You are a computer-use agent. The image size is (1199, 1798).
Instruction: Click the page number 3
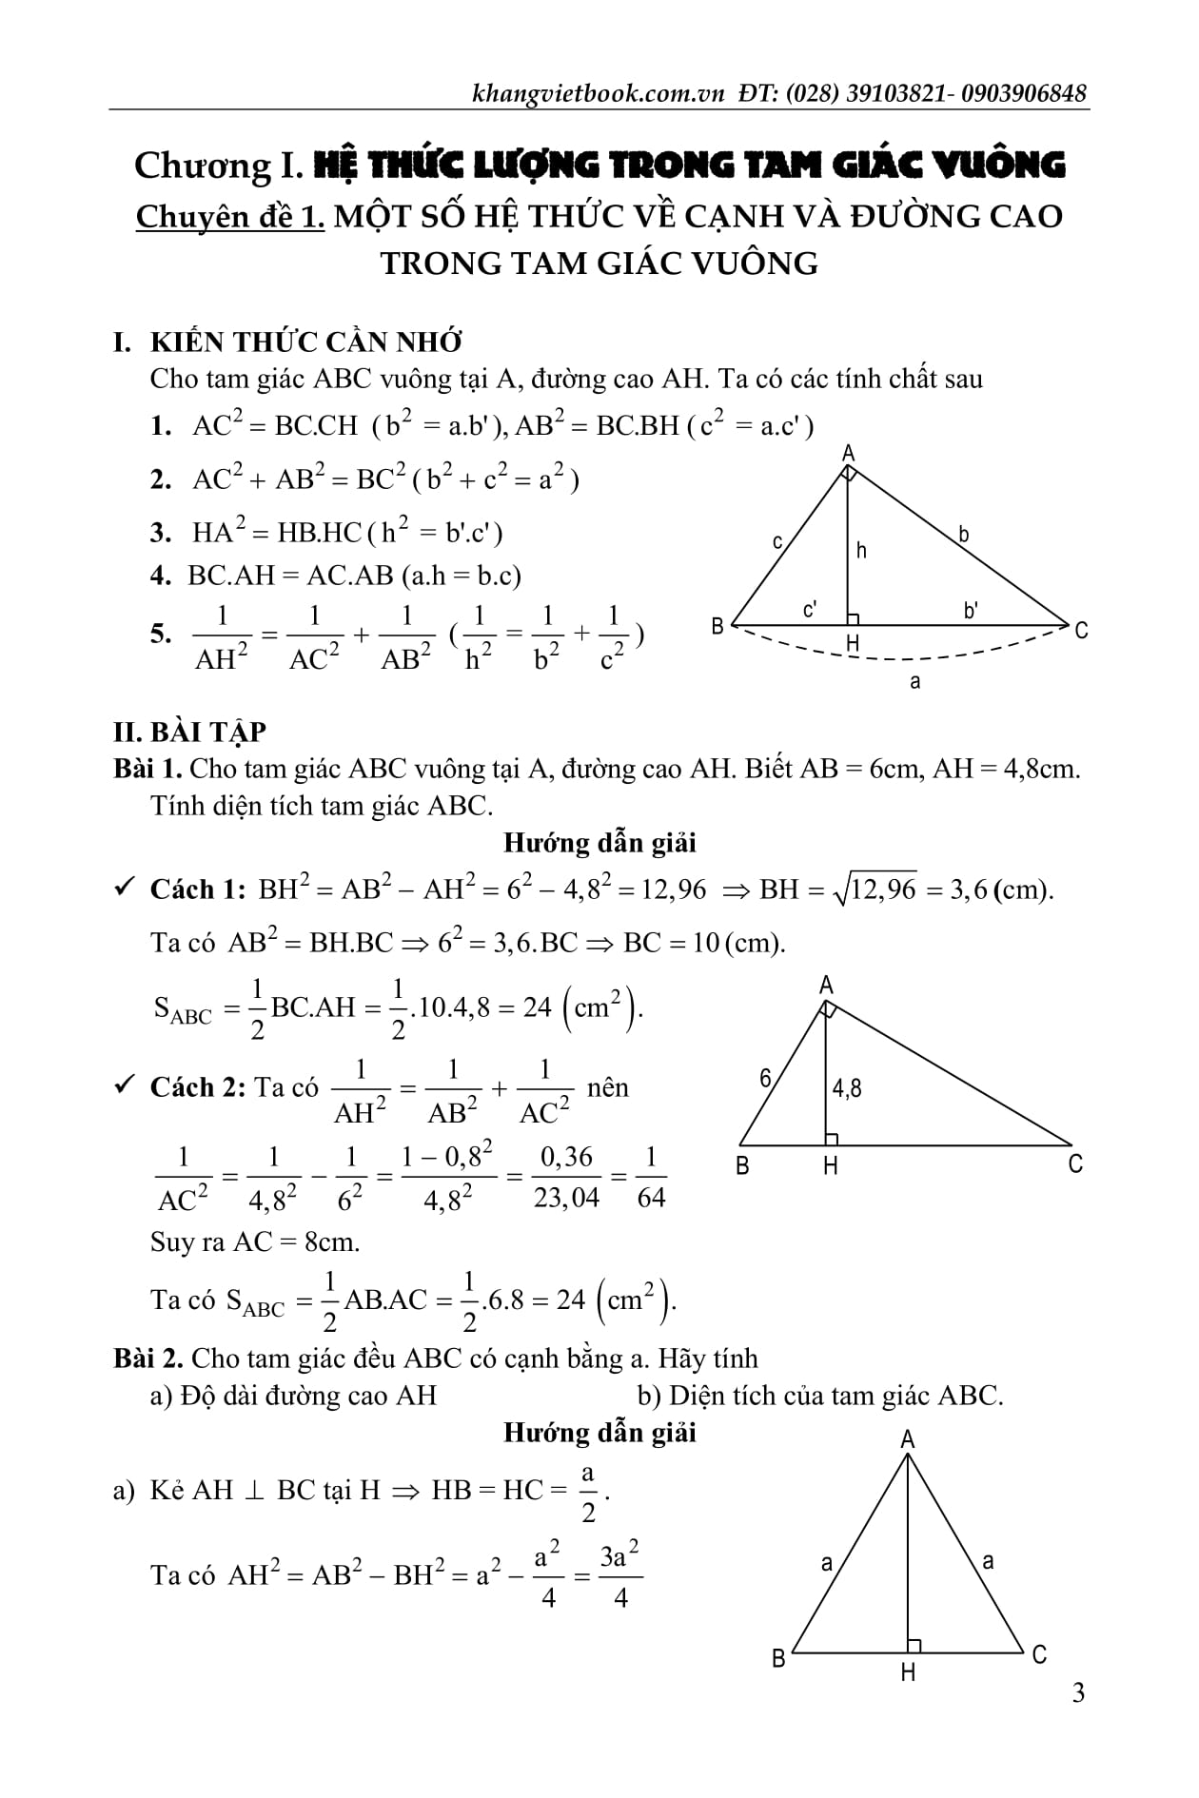1077,1692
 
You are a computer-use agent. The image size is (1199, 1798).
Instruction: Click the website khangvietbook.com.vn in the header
598,93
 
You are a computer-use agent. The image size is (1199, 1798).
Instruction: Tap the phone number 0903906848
1024,93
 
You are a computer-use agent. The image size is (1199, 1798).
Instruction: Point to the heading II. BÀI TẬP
189,732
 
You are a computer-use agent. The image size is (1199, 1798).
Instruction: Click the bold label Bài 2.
147,1358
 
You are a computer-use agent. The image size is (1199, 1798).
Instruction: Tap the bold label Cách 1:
197,889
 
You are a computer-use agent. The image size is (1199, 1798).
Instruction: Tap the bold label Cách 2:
197,1087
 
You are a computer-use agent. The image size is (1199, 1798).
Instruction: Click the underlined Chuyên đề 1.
229,217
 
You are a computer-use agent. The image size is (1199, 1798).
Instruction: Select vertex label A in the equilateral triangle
907,1439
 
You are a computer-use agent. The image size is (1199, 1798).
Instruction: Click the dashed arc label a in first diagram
914,682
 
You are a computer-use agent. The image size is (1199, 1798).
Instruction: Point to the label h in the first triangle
861,551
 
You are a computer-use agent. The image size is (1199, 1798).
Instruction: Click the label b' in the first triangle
971,611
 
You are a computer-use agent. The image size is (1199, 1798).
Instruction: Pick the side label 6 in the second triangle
766,1078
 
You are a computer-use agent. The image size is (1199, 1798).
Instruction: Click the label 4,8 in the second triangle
847,1087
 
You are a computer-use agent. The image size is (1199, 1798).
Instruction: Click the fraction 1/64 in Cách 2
651,1177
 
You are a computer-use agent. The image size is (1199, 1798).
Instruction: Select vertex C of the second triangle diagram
1075,1163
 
